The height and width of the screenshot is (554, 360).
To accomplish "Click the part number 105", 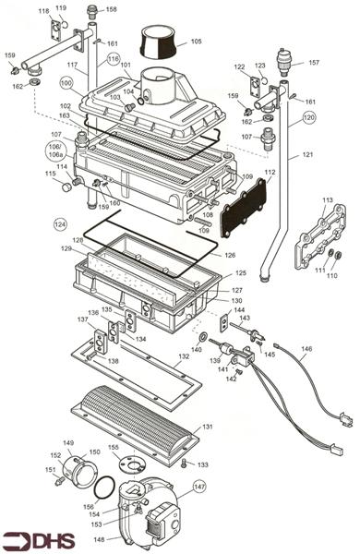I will click(x=196, y=42).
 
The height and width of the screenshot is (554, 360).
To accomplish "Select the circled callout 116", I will click(x=113, y=58).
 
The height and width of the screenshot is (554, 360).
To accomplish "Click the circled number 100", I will click(x=66, y=83).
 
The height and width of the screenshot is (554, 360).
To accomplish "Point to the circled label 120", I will click(x=308, y=117).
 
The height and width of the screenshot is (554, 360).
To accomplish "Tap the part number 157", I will click(x=314, y=63).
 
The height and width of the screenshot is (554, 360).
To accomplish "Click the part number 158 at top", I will click(x=111, y=10).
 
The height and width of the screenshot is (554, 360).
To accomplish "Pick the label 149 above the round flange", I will click(x=68, y=443).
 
